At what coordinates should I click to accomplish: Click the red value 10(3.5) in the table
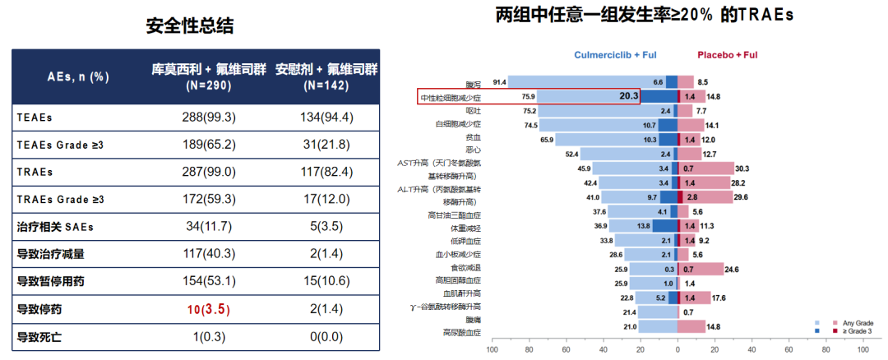pyautogui.click(x=208, y=310)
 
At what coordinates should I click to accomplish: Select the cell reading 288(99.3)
pyautogui.click(x=208, y=117)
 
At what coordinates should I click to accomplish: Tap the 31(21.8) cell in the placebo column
pyautogui.click(x=326, y=145)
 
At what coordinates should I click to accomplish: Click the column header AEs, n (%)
pyautogui.click(x=78, y=76)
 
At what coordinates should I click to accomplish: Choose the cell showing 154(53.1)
pyautogui.click(x=208, y=282)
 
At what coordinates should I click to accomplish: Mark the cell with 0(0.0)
pyautogui.click(x=326, y=337)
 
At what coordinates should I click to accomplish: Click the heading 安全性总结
pyautogui.click(x=190, y=25)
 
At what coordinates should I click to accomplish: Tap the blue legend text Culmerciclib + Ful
pyautogui.click(x=615, y=55)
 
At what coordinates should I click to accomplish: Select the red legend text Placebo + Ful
pyautogui.click(x=727, y=55)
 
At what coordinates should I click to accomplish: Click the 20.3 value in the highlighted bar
pyautogui.click(x=629, y=96)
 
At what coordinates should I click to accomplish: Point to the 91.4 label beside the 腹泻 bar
pyautogui.click(x=499, y=82)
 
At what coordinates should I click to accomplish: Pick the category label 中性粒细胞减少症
pyautogui.click(x=451, y=97)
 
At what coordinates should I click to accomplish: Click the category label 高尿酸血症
pyautogui.click(x=460, y=332)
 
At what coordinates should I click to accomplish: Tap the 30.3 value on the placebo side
pyautogui.click(x=742, y=168)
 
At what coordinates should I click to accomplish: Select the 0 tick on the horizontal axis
pyautogui.click(x=678, y=349)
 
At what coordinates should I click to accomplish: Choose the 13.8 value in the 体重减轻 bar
pyautogui.click(x=644, y=225)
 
